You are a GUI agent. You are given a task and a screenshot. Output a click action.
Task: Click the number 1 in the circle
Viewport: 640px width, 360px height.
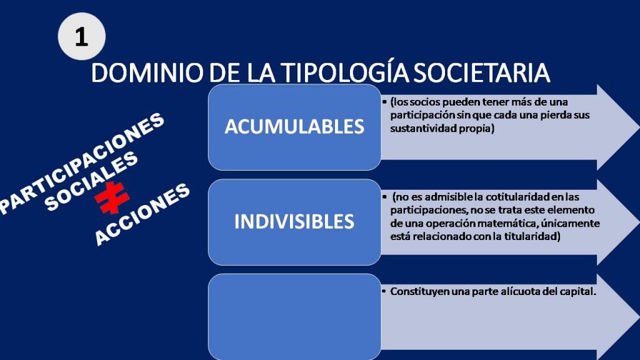pyautogui.click(x=82, y=37)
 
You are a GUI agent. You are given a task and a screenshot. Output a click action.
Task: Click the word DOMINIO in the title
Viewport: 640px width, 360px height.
pyautogui.click(x=147, y=72)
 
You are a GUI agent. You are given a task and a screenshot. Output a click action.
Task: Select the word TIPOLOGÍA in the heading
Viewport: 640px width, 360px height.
pyautogui.click(x=345, y=72)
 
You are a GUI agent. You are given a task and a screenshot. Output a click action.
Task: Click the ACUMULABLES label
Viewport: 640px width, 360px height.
pyautogui.click(x=294, y=126)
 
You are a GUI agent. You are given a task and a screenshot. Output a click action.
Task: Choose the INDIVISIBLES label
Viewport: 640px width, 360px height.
pyautogui.click(x=294, y=222)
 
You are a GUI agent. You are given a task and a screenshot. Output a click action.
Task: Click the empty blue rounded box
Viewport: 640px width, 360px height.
pyautogui.click(x=294, y=317)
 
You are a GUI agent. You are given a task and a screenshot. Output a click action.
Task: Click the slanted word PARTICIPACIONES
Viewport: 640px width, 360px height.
pyautogui.click(x=82, y=163)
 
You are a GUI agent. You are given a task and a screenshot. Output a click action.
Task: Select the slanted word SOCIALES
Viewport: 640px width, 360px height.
pyautogui.click(x=91, y=181)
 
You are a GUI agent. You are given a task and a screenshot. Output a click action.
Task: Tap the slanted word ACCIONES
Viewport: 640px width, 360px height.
pyautogui.click(x=142, y=214)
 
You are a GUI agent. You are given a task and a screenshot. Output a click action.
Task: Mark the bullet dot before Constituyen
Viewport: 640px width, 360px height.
pyautogui.click(x=384, y=292)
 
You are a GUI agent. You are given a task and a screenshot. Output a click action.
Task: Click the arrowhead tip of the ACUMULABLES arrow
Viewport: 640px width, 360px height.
pyautogui.click(x=639, y=127)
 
